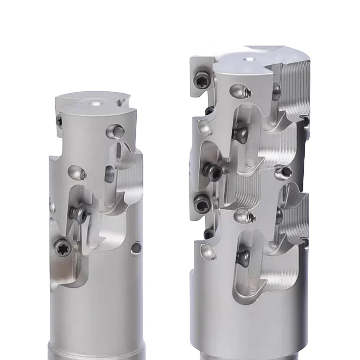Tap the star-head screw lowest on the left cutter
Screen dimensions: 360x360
pos(62,248)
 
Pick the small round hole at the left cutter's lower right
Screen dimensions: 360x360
pos(136,248)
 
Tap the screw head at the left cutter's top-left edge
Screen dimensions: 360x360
pos(60,121)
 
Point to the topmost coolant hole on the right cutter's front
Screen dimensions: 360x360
pos(239,90)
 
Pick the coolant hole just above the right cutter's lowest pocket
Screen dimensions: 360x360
pos(244,218)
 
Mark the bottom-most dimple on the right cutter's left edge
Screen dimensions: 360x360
pos(207,251)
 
